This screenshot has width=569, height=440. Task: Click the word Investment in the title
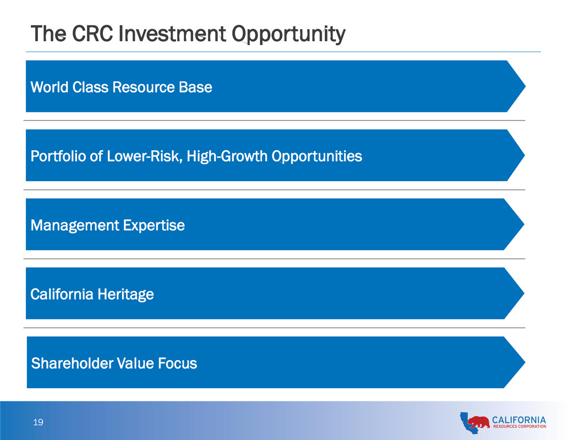tap(172, 34)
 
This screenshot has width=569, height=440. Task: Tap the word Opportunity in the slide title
tap(288, 35)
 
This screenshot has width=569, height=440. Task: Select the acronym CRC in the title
tap(92, 34)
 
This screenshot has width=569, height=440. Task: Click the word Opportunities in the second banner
tap(317, 156)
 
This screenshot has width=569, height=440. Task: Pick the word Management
tap(75, 225)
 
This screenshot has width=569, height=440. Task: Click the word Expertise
tap(154, 225)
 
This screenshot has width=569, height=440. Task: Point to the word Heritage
tap(125, 295)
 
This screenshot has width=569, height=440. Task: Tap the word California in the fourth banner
tap(62, 294)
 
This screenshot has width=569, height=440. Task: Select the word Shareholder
tap(72, 363)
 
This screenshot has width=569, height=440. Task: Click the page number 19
tap(38, 422)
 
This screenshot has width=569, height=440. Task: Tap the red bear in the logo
tap(478, 422)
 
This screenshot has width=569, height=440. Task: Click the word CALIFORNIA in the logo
tap(519, 420)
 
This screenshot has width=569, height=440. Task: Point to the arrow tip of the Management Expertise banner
tap(524, 224)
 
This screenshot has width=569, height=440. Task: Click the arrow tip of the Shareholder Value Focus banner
tap(525, 362)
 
